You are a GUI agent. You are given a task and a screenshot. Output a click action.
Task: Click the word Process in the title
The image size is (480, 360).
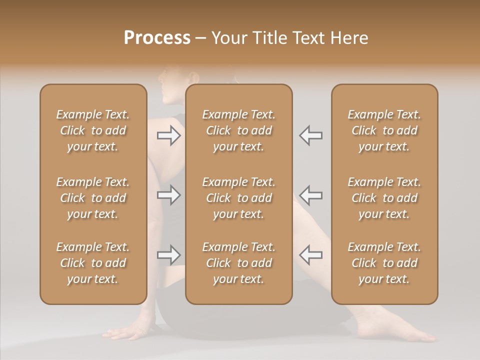[x=157, y=38]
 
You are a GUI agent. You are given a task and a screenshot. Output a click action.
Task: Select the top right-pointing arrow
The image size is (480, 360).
[x=168, y=135]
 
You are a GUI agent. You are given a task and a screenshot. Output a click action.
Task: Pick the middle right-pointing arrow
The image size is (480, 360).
[x=168, y=194]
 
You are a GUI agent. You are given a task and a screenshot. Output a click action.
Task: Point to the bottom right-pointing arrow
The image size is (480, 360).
[x=168, y=255]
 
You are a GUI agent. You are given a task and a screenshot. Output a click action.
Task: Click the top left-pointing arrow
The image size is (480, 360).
[x=311, y=135]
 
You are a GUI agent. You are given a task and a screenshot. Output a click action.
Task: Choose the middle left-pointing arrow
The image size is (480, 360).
[x=311, y=194]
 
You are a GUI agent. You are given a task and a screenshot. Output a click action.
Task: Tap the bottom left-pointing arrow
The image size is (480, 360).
[x=311, y=255]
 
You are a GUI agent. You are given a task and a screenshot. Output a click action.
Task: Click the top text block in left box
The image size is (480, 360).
[x=93, y=130]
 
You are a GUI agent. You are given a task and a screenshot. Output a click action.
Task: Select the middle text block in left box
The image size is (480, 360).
[x=93, y=198]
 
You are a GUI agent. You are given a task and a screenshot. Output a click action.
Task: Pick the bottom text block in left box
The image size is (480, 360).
[x=93, y=263]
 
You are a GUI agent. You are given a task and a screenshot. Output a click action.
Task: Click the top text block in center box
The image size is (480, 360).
[x=239, y=130]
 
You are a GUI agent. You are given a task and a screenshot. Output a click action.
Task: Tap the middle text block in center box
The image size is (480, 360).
[x=239, y=198]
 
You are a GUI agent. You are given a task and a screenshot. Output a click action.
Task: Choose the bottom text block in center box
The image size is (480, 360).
[x=239, y=263]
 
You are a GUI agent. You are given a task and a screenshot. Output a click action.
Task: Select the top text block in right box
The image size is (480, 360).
[x=384, y=130]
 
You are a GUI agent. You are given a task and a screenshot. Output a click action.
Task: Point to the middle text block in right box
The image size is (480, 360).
[x=384, y=198]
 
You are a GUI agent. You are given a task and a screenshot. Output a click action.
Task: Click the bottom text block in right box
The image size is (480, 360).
[x=384, y=263]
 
